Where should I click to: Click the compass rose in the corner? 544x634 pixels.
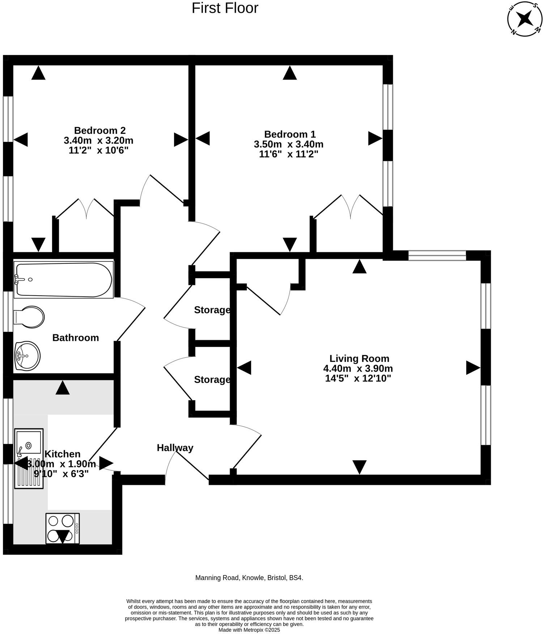(524, 18)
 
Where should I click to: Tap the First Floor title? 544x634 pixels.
(225, 8)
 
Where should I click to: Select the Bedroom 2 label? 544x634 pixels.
(100, 130)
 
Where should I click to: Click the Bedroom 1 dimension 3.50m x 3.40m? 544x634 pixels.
(289, 144)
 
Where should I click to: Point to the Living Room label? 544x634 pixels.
(359, 359)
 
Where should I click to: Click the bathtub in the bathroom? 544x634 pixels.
(64, 280)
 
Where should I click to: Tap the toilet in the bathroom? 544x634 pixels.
(29, 317)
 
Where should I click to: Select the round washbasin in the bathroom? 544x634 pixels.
(27, 356)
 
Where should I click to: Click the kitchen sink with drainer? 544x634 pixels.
(29, 458)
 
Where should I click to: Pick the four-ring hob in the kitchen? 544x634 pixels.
(63, 528)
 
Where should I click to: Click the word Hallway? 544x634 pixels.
(175, 448)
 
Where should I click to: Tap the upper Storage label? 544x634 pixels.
(212, 310)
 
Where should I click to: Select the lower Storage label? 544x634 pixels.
(212, 379)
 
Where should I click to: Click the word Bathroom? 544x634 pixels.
(76, 338)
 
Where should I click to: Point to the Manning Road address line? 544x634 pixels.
(249, 578)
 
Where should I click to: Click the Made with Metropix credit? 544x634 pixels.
(249, 630)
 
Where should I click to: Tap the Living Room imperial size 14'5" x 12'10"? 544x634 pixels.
(358, 379)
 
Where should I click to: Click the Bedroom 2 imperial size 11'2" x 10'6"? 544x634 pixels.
(99, 150)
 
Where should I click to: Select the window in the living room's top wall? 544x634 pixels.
(437, 255)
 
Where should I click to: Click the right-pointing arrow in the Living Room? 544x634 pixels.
(473, 368)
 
